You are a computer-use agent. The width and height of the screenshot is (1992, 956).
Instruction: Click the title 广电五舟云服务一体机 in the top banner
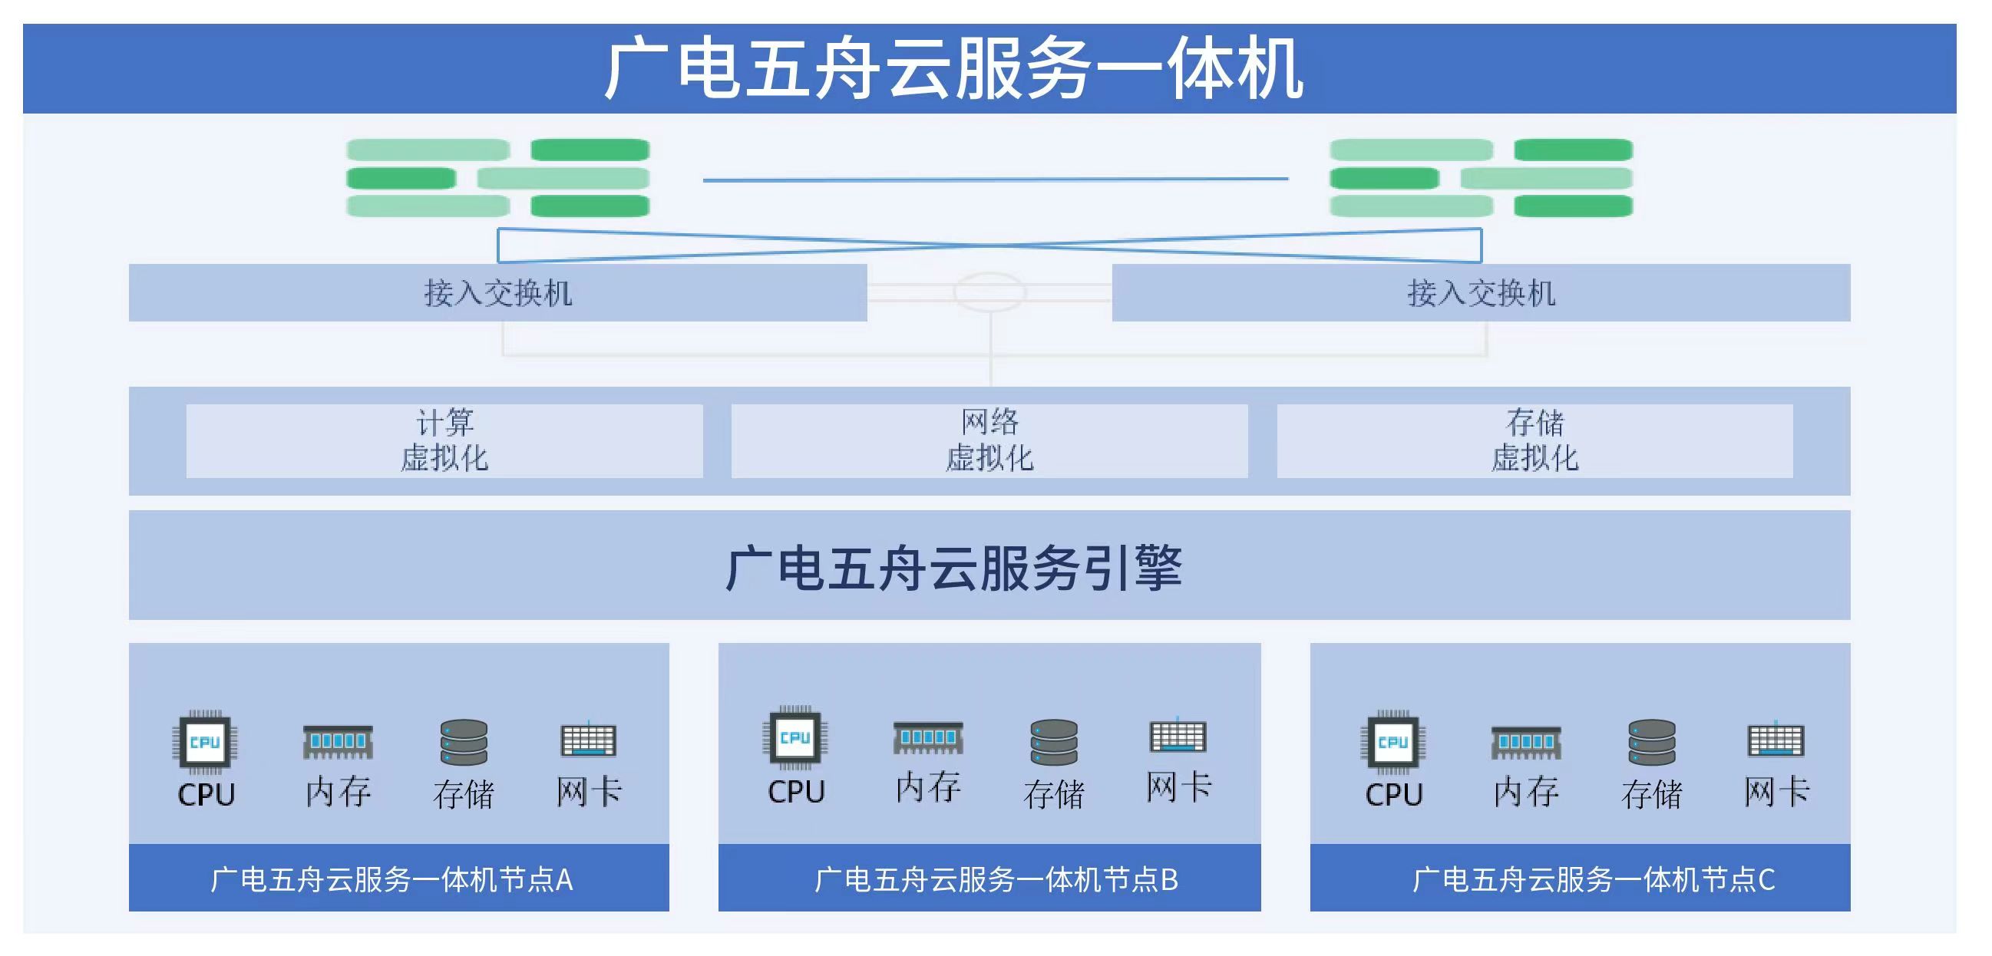click(953, 70)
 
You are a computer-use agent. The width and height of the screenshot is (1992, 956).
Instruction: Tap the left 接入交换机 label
click(498, 293)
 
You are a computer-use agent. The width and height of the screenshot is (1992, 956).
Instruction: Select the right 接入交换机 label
click(1481, 293)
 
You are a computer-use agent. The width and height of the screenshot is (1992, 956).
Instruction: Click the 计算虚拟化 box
click(444, 440)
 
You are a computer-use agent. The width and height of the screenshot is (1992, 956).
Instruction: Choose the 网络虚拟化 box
click(989, 440)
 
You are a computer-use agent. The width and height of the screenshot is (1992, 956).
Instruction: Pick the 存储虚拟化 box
click(1534, 440)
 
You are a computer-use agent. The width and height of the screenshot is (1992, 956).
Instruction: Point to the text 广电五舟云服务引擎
click(953, 567)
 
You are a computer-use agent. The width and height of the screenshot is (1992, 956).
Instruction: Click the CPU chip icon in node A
click(205, 742)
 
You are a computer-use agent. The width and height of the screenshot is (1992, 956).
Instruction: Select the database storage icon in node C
click(1652, 742)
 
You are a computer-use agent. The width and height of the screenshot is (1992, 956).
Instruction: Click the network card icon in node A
click(589, 740)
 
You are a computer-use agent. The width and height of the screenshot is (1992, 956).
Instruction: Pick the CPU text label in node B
click(796, 792)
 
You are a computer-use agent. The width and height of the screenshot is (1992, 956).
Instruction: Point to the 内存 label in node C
click(1526, 792)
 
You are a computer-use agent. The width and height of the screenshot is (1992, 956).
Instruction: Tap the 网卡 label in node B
click(1178, 787)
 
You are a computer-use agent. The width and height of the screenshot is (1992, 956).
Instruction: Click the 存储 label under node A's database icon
click(463, 793)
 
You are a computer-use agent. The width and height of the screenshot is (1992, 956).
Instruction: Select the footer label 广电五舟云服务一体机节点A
click(392, 879)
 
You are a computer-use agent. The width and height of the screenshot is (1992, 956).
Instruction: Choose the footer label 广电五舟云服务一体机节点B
click(996, 879)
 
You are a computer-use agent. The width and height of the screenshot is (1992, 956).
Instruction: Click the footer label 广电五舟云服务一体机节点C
click(1594, 879)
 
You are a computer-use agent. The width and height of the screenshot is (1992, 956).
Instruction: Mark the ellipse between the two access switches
click(989, 292)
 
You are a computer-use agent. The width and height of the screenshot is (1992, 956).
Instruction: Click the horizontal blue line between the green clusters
click(995, 180)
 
